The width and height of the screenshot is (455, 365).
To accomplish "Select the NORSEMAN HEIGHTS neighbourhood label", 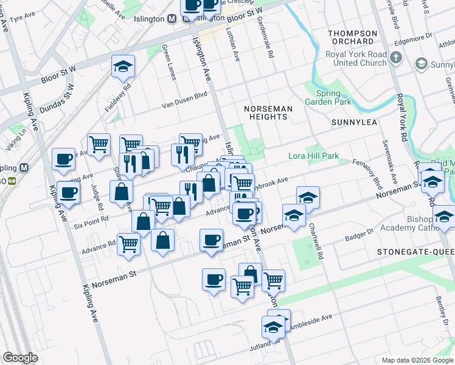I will (268, 113).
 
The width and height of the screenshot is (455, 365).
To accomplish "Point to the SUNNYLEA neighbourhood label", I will (355, 122).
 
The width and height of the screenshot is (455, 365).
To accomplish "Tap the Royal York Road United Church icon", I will (396, 58).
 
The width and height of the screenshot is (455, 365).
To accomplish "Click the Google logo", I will (20, 358).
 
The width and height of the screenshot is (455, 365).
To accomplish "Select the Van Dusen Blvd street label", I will (184, 99).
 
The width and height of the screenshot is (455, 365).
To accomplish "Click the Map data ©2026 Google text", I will (416, 360).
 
